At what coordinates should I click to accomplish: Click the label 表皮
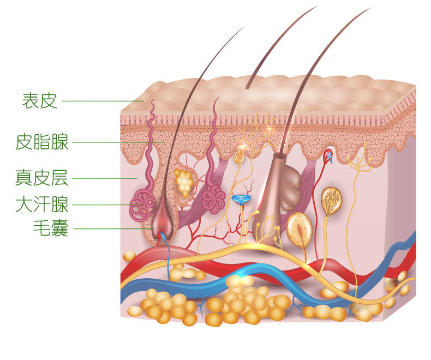39,100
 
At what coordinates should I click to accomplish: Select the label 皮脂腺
42,142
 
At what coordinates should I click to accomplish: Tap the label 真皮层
42,178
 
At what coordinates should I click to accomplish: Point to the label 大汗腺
42,205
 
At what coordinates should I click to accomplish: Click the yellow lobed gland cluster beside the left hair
183,182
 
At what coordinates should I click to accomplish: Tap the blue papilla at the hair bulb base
162,235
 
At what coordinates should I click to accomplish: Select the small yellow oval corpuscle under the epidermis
239,157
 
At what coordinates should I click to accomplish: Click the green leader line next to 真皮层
104,178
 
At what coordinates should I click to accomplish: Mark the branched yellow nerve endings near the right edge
360,160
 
